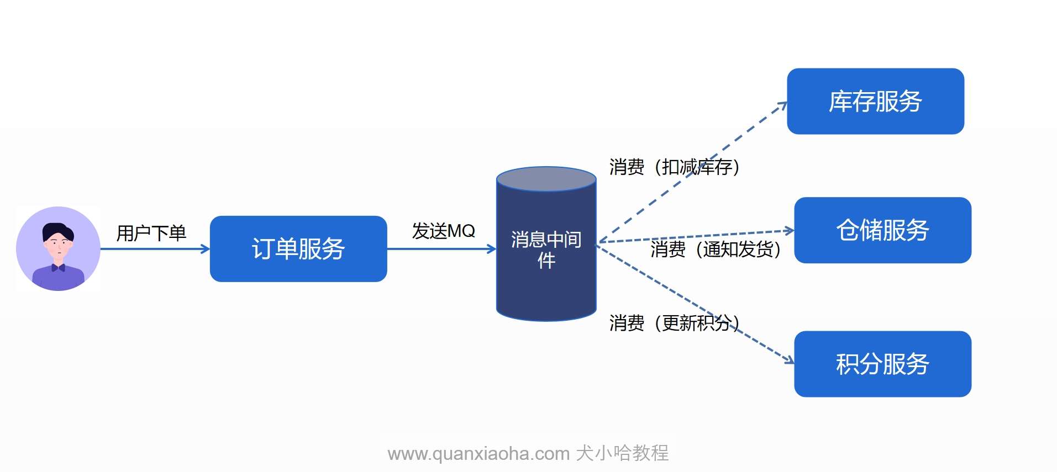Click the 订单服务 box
point(298,249)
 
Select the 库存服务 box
point(875,102)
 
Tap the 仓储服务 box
point(882,230)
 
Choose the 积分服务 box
point(882,364)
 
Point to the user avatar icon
point(58,248)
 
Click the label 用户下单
point(151,233)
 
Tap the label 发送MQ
point(443,231)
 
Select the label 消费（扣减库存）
point(674,167)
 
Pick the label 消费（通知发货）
point(716,250)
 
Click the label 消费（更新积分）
point(674,323)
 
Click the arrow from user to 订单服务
point(155,249)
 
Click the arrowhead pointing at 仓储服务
point(790,230)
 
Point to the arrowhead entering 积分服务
point(790,360)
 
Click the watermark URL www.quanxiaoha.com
point(478,454)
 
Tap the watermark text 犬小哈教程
point(622,453)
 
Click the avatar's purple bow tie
point(58,268)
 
